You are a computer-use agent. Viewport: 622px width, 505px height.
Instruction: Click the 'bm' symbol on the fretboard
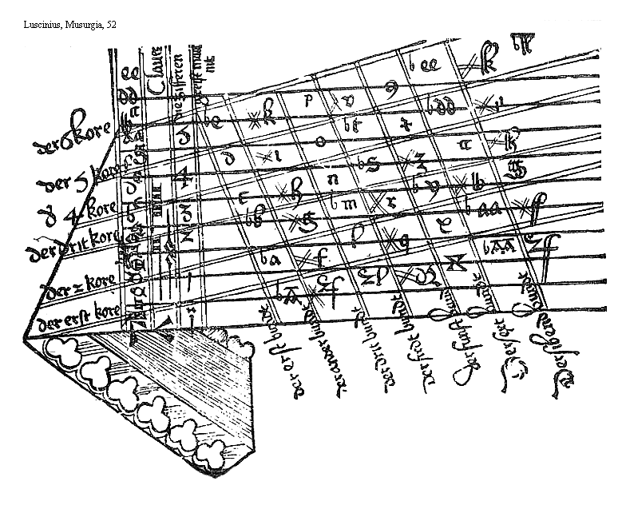point(343,204)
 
